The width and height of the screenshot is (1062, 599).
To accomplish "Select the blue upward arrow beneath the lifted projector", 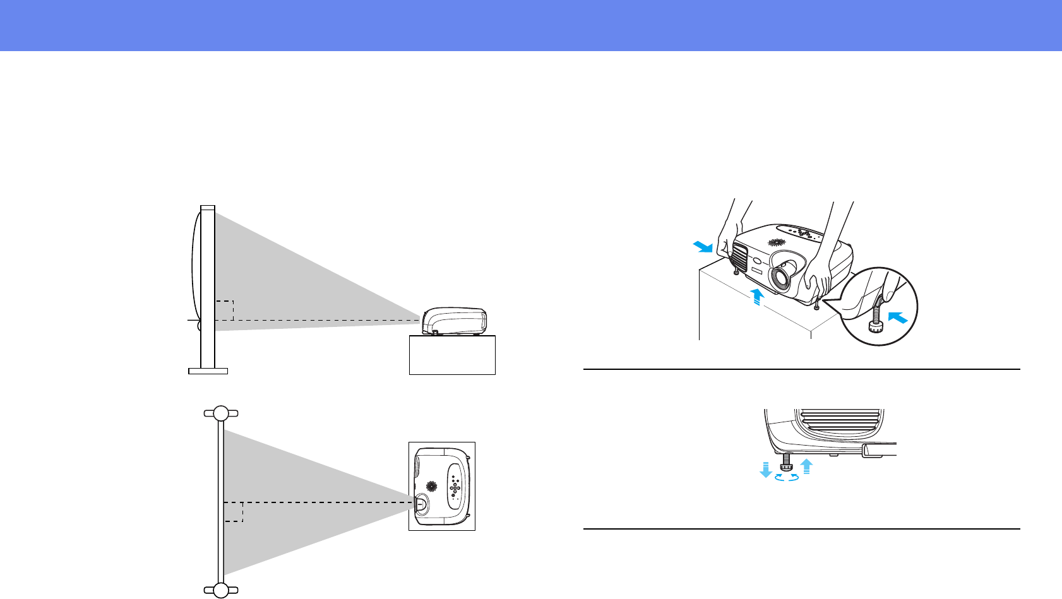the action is (756, 294).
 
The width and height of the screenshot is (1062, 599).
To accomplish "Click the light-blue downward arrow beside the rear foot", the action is (766, 469).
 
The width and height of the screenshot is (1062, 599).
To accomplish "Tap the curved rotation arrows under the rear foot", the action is (786, 478).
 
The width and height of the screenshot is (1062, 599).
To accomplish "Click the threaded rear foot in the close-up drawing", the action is (786, 463).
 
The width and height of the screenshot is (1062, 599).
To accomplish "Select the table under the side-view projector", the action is (452, 355).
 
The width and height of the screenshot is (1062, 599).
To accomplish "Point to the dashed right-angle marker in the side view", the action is (225, 311).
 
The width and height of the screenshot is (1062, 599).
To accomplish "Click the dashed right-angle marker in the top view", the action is (234, 512).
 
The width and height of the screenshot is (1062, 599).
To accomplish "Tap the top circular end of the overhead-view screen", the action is (221, 413).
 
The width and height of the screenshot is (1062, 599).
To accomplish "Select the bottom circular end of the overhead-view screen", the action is (221, 590).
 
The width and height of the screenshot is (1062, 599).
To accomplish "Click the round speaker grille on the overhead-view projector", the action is (432, 487).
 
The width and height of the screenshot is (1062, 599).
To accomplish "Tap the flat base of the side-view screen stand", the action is (208, 371).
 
